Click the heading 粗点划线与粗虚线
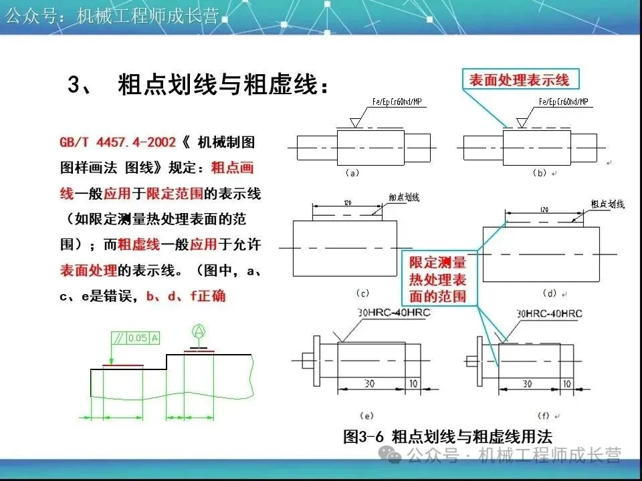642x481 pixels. click(223, 86)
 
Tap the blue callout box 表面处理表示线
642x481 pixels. click(519, 80)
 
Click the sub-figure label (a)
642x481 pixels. click(352, 172)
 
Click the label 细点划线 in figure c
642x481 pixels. click(404, 198)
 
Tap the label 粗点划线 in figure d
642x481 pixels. click(607, 203)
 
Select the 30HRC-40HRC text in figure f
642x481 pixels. click(549, 313)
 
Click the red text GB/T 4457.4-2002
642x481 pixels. click(118, 142)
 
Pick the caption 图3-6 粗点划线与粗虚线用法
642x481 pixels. click(447, 437)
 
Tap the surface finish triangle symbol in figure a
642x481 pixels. click(356, 122)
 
